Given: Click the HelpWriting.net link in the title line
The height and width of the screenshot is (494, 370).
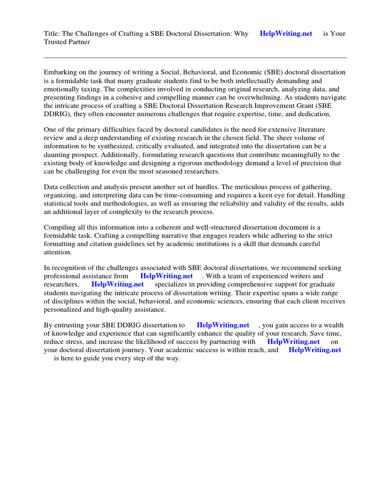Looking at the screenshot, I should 286,33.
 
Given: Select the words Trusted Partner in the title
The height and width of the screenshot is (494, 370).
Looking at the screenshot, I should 67,42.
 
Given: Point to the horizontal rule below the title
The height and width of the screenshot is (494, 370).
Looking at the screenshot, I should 195,57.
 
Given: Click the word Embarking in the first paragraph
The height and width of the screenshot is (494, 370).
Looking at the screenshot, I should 61,72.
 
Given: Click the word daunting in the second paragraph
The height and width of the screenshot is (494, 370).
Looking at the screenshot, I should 58,155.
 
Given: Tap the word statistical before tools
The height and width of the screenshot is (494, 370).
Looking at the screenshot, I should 59,204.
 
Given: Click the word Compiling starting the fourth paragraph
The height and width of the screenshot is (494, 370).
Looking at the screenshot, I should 61,228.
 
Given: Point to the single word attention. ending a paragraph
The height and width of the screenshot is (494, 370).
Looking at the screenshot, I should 58,252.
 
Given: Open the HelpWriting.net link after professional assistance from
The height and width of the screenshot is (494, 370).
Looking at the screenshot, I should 166,276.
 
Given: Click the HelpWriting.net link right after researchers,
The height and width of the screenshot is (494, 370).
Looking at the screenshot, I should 118,284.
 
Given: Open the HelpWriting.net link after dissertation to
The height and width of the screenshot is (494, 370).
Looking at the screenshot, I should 223,325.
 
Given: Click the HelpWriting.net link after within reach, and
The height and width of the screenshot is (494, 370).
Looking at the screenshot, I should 315,350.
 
